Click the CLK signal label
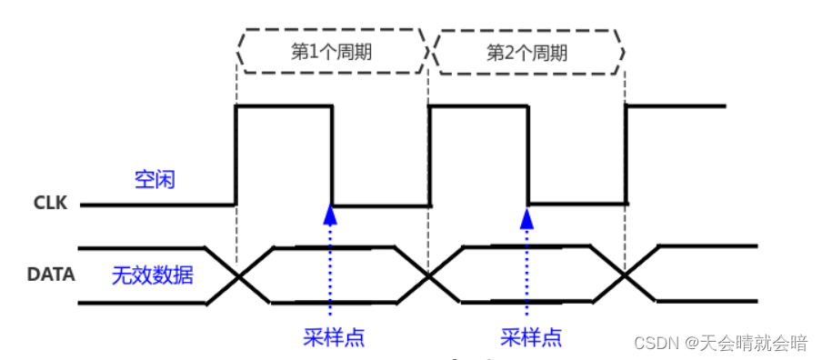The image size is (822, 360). click(50, 204)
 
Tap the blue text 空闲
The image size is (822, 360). click(155, 180)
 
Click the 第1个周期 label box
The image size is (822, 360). click(331, 51)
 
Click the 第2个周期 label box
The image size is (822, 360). click(527, 52)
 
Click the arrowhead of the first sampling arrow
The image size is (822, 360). click(331, 215)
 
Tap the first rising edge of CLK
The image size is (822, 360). click(236, 155)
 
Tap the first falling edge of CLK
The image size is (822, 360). click(332, 155)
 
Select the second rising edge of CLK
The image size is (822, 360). click(429, 155)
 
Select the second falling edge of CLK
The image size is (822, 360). click(528, 155)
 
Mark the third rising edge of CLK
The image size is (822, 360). click(626, 155)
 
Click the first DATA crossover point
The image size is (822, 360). click(238, 275)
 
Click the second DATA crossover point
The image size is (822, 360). click(429, 275)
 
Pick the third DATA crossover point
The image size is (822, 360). click(625, 275)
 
